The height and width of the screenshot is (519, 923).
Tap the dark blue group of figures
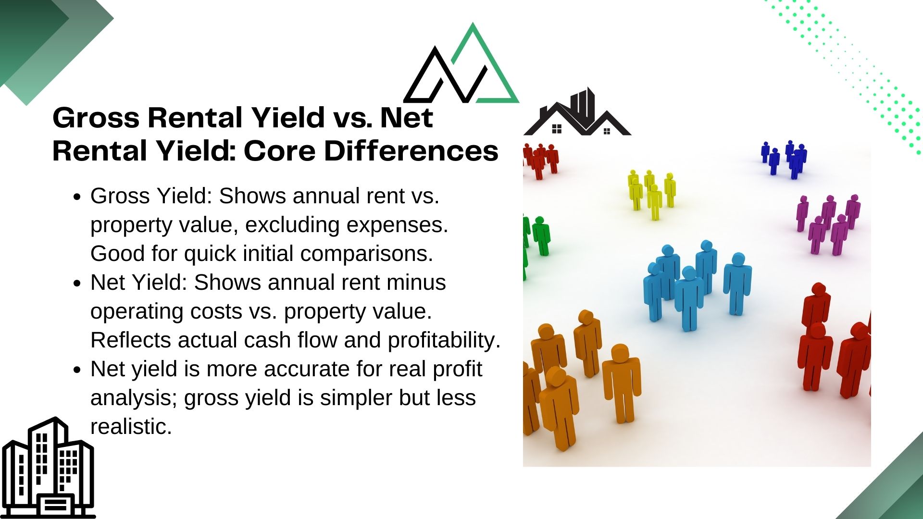[x=784, y=159]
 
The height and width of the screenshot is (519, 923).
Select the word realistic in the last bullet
[x=131, y=427]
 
